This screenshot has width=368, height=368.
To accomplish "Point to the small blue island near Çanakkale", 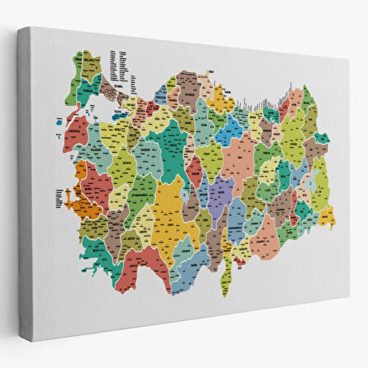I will tap(59, 123).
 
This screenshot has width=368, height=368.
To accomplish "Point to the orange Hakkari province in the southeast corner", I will tap(326, 217).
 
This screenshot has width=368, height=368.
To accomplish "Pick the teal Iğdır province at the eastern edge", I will tap(321, 139).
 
